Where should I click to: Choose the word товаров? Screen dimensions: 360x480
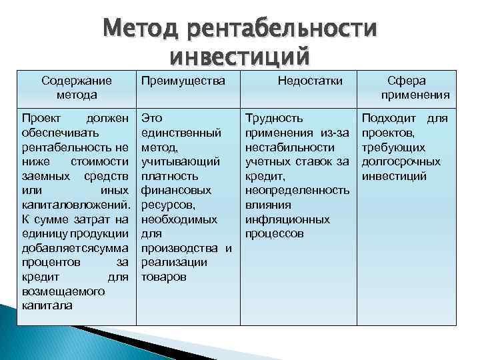(x=164, y=276)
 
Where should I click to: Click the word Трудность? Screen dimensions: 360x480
(x=274, y=118)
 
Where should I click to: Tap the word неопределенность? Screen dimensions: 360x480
(x=297, y=191)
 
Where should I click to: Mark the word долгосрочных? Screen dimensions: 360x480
(x=401, y=162)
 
